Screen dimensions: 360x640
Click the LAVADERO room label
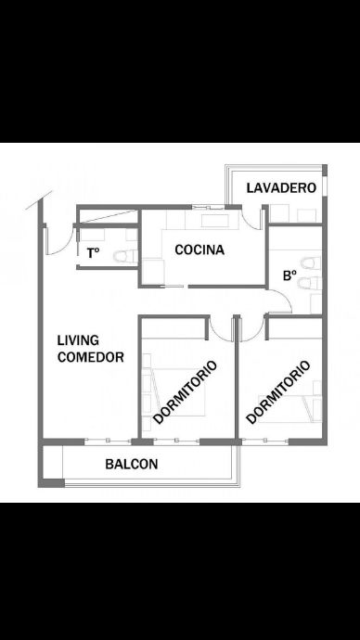281,187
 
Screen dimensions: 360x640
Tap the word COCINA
199,250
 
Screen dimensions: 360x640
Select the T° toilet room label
93,253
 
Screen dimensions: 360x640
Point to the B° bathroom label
289,275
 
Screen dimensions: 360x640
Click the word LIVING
78,339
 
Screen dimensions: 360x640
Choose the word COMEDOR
91,357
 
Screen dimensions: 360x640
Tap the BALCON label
132,464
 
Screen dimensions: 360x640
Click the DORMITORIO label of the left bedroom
185,391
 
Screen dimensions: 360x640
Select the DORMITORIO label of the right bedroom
278,391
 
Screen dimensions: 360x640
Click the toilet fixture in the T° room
125,256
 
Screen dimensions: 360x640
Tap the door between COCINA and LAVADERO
251,219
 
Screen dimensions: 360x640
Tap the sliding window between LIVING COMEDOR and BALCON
109,441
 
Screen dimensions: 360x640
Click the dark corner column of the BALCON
51,483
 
